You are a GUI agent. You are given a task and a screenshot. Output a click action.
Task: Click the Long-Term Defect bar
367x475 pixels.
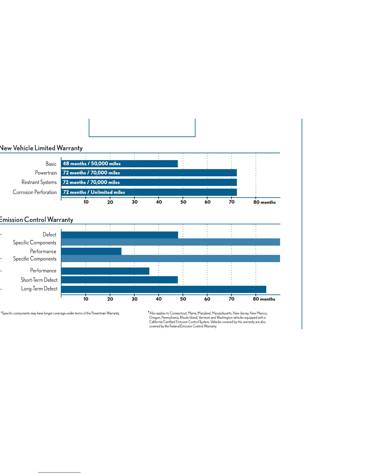(163, 289)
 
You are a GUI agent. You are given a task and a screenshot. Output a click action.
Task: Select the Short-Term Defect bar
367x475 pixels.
(119, 280)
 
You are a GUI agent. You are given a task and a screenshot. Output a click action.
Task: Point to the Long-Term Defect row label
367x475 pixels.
(39, 289)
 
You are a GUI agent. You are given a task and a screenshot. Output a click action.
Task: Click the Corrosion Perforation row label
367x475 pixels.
(35, 192)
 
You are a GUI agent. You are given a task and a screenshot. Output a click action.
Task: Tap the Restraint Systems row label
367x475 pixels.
(39, 182)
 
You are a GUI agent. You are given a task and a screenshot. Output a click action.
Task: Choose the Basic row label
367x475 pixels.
(51, 164)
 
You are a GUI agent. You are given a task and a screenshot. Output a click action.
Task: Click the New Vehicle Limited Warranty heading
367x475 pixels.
(41, 148)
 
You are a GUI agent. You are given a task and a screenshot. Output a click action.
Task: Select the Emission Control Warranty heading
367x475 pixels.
(36, 220)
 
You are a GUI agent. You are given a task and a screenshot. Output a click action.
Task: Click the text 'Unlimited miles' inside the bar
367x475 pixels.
(108, 192)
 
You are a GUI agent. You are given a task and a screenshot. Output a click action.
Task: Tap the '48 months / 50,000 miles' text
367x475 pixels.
(92, 164)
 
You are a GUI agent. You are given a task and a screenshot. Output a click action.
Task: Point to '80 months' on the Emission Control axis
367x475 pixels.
(264, 299)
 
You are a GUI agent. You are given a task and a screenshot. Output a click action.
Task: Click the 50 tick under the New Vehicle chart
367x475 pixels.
(183, 202)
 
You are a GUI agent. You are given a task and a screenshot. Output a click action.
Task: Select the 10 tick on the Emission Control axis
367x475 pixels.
(86, 299)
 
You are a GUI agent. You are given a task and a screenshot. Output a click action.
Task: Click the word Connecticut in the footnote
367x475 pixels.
(178, 313)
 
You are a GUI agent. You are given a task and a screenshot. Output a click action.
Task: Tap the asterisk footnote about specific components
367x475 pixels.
(60, 313)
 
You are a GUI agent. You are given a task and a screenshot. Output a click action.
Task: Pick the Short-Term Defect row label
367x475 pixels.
(39, 280)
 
